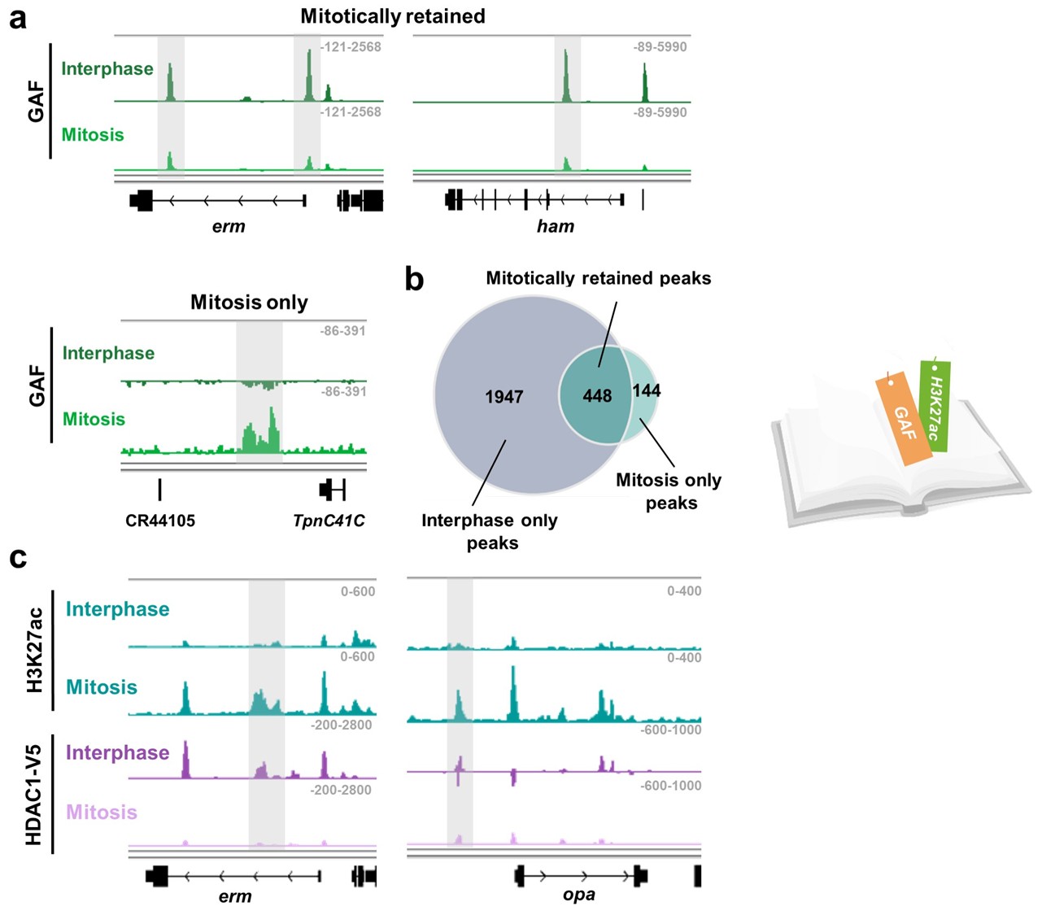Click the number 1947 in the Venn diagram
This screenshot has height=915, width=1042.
pos(504,397)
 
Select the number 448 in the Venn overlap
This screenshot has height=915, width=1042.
pos(597,396)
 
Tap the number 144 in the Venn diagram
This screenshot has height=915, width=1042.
pos(647,390)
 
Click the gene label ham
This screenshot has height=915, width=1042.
pos(556,226)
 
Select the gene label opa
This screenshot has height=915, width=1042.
pos(579,895)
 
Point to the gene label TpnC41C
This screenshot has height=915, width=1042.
pos(329,521)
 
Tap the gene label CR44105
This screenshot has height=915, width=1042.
pos(160,521)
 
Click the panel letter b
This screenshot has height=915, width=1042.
pos(415,279)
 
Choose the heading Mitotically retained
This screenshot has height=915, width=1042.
pos(393,16)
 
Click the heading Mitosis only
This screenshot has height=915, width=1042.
pos(249,303)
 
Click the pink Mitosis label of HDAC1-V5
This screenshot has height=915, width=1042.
pos(102,812)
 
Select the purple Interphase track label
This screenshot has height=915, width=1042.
pos(117,752)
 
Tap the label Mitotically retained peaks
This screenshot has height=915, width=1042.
pos(598,278)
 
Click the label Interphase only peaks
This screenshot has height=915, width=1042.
pos(490,531)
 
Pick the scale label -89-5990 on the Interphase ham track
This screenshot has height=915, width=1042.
pos(660,47)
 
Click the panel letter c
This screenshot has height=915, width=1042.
pos(17,558)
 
